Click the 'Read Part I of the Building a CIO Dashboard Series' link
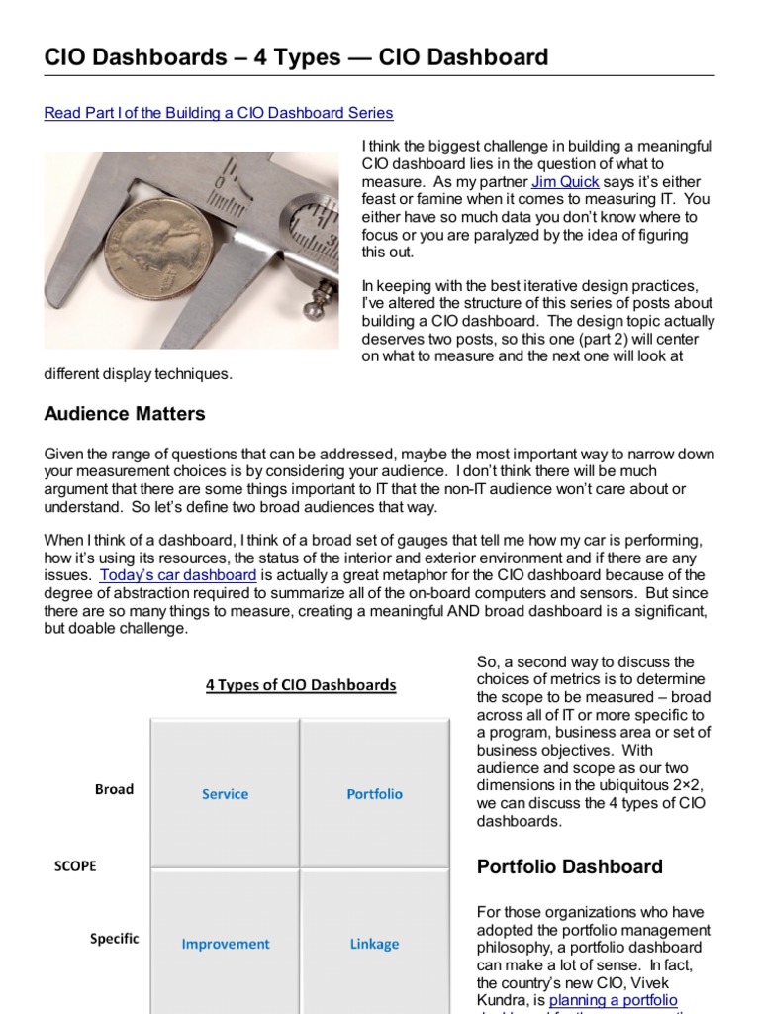pos(219,113)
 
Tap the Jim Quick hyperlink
pos(566,182)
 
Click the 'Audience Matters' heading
pos(125,413)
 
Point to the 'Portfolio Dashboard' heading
pos(570,867)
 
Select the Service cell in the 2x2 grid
pos(225,794)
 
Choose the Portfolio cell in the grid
pos(374,794)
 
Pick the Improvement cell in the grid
pos(225,944)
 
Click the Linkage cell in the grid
pos(374,944)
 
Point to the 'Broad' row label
pos(114,789)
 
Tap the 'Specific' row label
pos(115,939)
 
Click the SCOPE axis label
pos(75,865)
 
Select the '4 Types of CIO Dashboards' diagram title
pos(301,685)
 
